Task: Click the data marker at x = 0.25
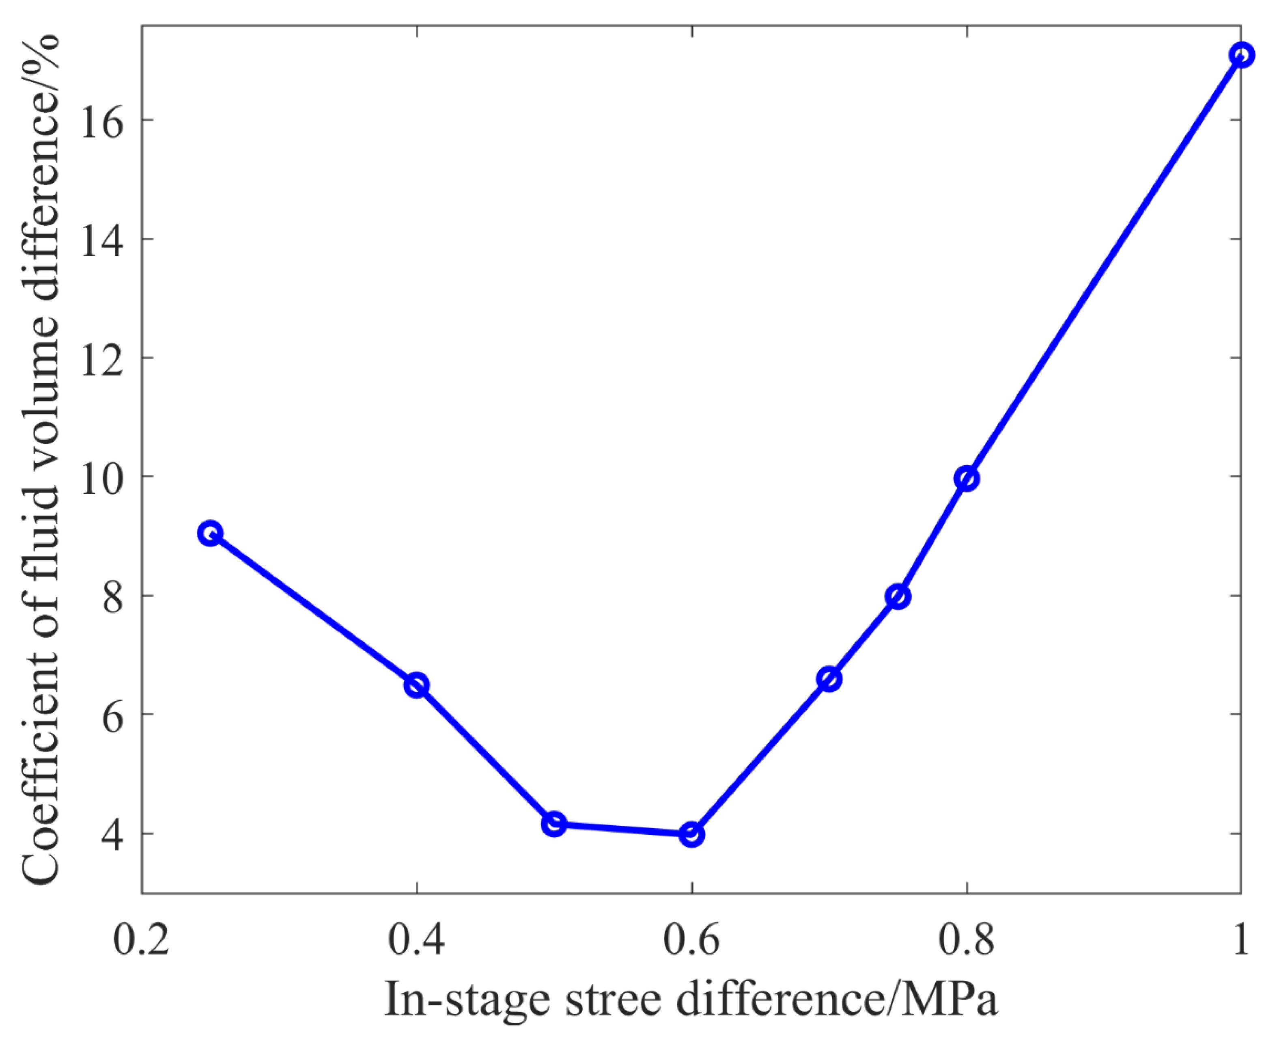pyautogui.click(x=210, y=533)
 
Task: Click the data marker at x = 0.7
pyautogui.click(x=829, y=679)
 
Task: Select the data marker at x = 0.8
pyautogui.click(x=967, y=479)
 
